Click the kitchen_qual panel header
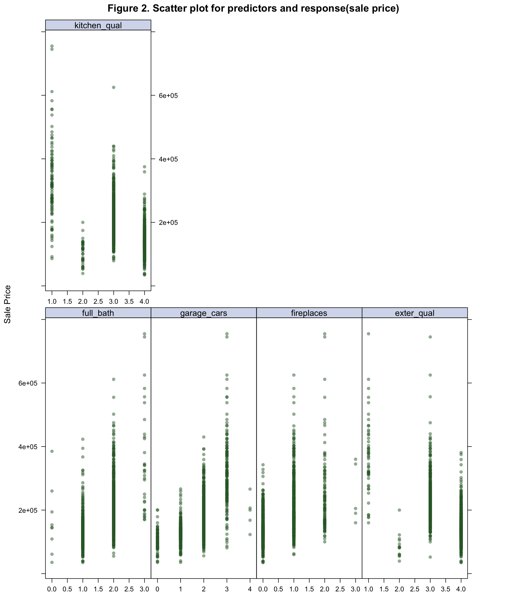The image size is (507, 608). tap(98, 25)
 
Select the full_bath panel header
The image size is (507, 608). tap(98, 313)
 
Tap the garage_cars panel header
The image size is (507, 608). tap(203, 313)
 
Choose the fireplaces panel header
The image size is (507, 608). tap(309, 313)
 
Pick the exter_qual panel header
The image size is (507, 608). tap(414, 313)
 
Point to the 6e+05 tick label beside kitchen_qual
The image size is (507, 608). tap(168, 96)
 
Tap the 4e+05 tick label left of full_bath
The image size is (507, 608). tap(28, 447)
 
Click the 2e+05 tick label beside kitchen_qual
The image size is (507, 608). tap(168, 222)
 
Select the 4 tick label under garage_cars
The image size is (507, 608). tap(250, 589)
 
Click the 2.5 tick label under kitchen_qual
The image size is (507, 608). tap(98, 301)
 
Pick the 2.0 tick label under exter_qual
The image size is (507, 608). tap(399, 589)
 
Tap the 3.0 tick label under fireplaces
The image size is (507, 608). tap(355, 589)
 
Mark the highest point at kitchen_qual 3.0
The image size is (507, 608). tap(114, 87)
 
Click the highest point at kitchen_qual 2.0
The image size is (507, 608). tap(83, 222)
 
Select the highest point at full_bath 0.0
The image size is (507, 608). tap(52, 451)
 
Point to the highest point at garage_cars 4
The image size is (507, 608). tap(250, 489)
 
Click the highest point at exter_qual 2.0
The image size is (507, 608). tap(399, 510)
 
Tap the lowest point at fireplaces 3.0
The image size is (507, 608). tap(355, 522)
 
